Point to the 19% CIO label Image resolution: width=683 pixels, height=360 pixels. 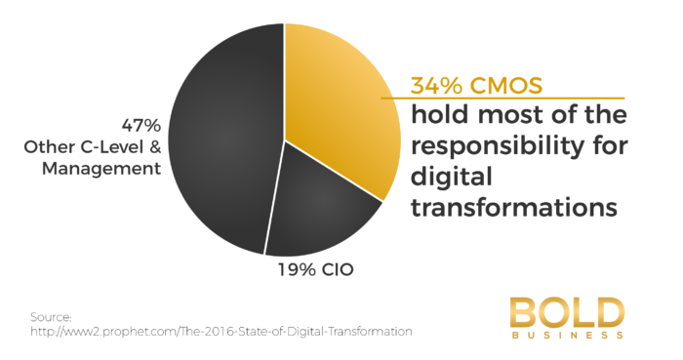[305, 265]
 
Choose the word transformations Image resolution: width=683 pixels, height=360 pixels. [515, 208]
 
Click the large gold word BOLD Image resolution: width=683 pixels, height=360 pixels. [566, 311]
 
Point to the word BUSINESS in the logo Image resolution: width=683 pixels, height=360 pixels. [566, 336]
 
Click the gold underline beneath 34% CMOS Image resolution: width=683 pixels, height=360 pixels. [502, 99]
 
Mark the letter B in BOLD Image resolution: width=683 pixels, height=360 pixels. [523, 311]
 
